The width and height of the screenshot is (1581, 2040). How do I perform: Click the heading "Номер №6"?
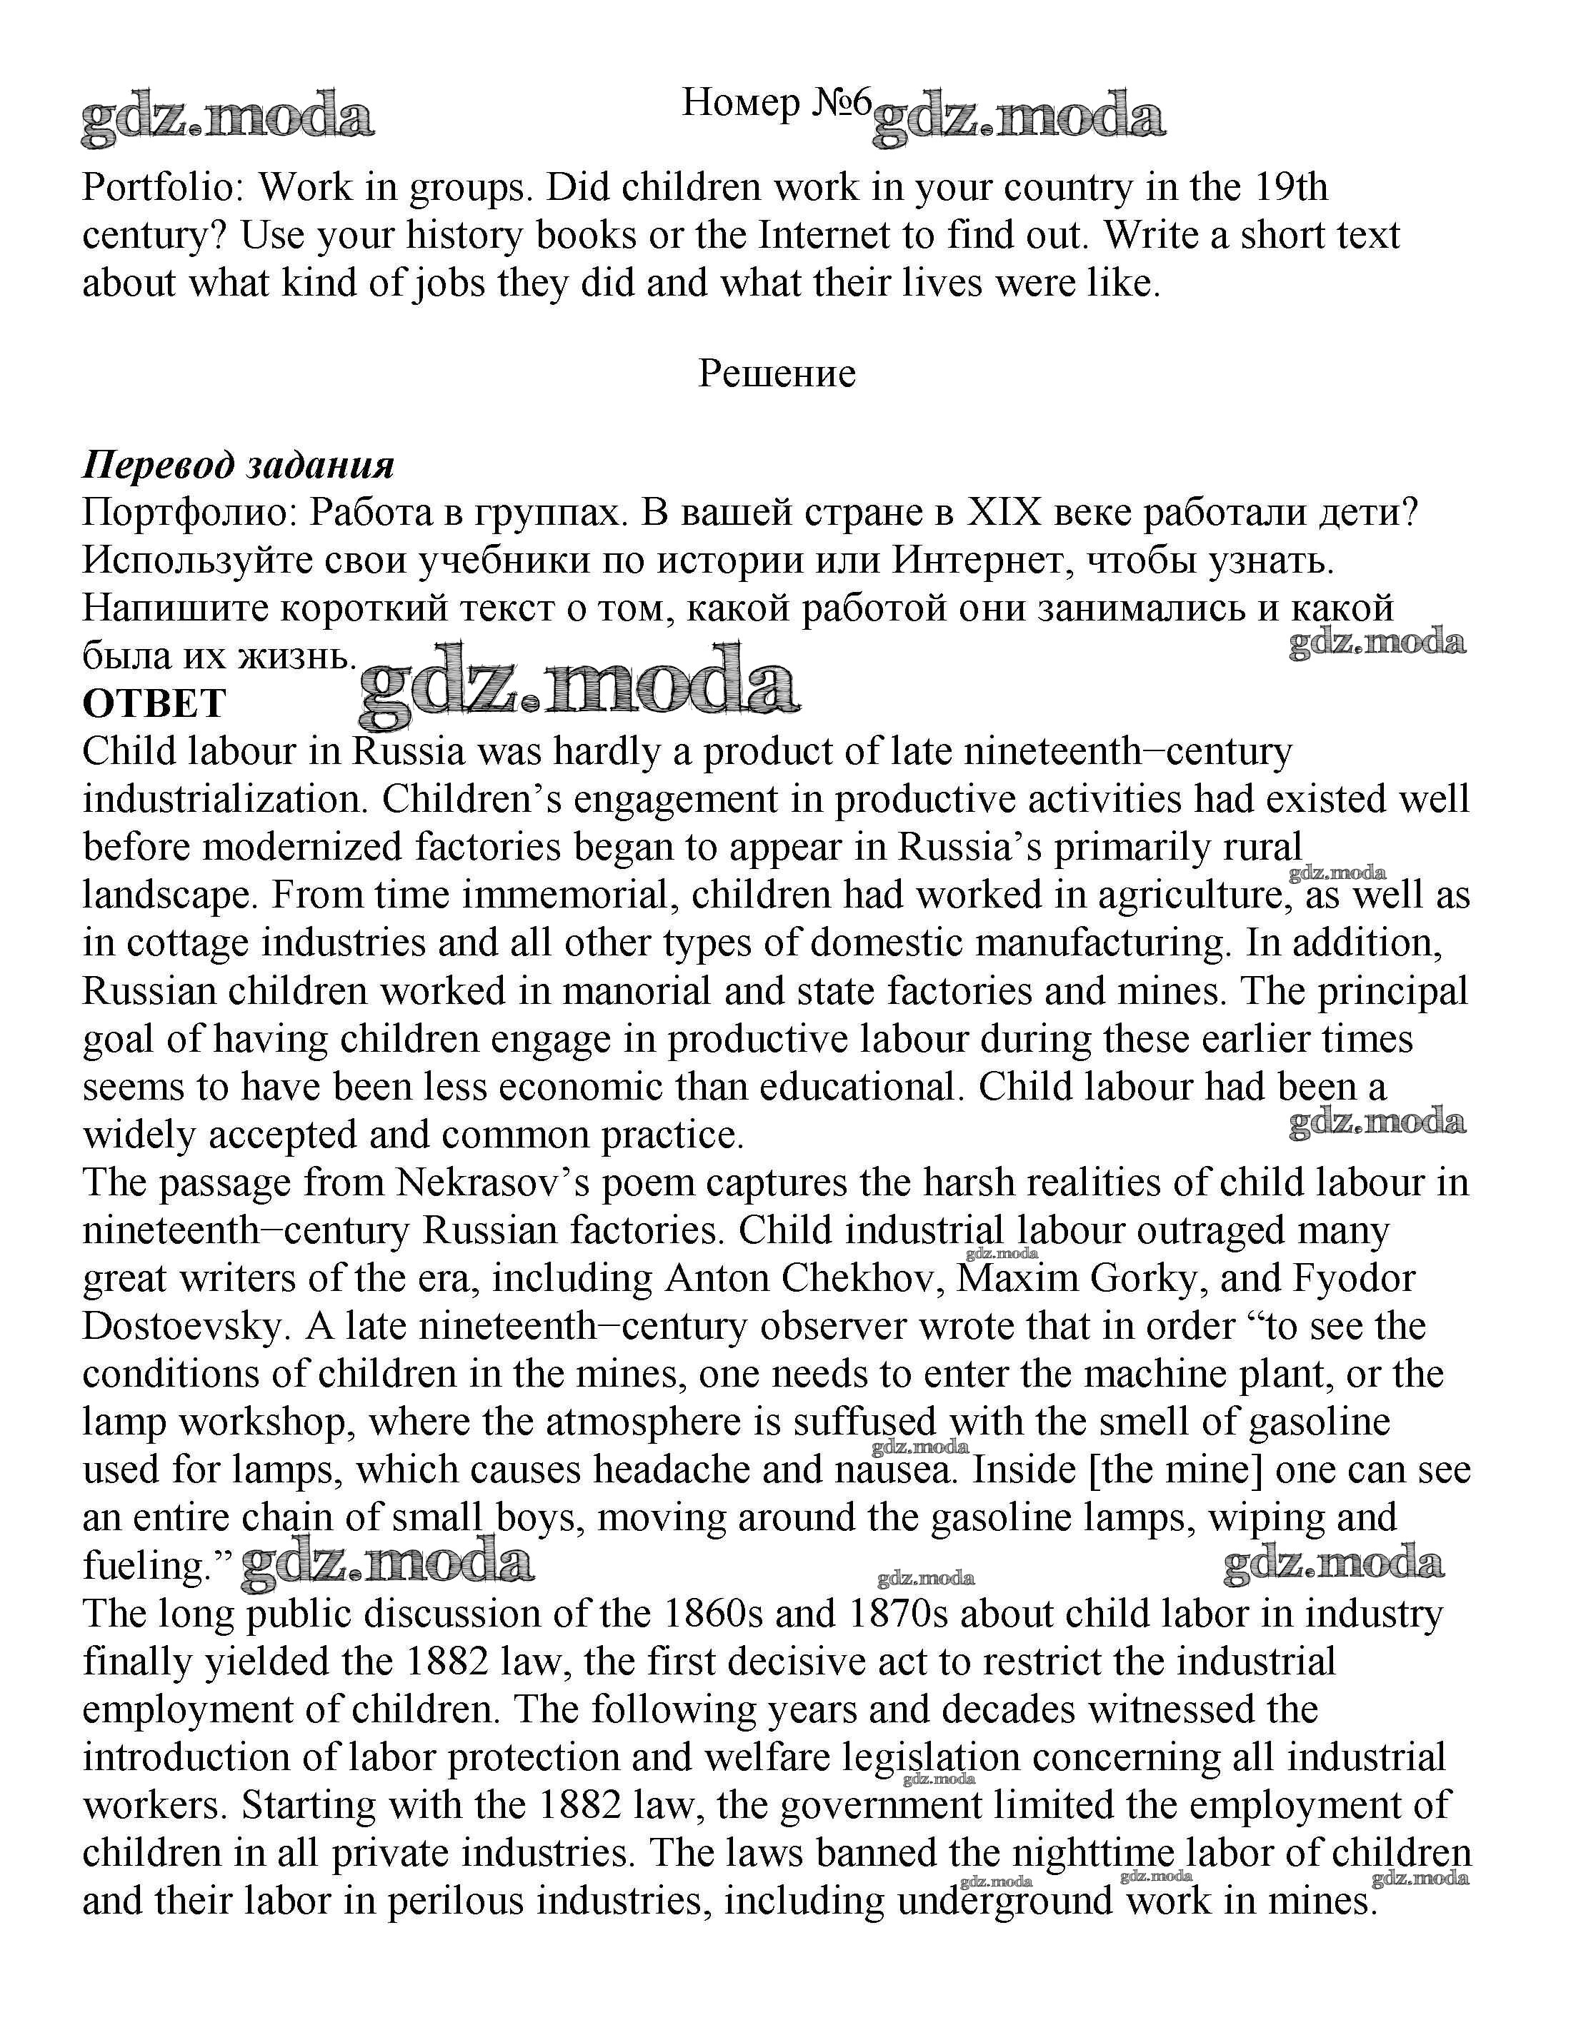(776, 103)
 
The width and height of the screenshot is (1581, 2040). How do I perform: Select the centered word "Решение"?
(777, 373)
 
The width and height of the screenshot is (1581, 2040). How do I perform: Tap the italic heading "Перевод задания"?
(239, 464)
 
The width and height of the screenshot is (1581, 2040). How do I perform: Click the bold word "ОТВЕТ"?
(154, 703)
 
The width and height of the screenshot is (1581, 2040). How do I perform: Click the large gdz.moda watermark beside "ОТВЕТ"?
(579, 686)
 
